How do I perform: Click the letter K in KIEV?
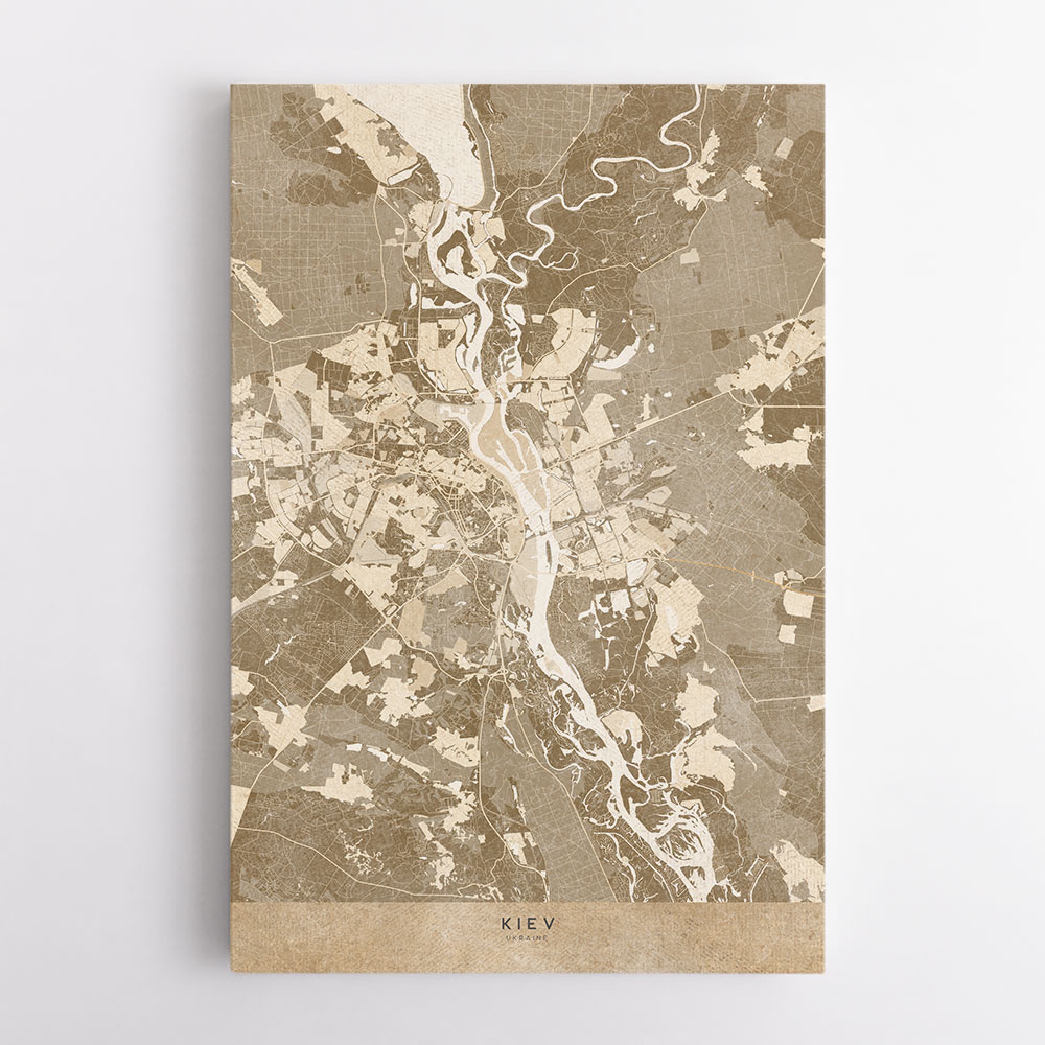tap(504, 920)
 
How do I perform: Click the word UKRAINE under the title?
tap(527, 938)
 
